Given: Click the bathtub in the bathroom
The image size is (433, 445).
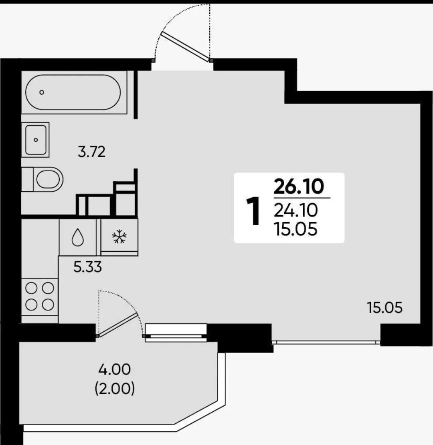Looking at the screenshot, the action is pyautogui.click(x=73, y=92).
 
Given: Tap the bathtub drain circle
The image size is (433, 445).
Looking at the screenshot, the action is pyautogui.click(x=42, y=92).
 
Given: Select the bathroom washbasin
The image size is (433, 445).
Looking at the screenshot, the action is pyautogui.click(x=35, y=140).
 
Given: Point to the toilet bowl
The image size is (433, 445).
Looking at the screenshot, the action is pyautogui.click(x=42, y=179).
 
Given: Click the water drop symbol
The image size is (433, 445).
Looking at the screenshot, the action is pyautogui.click(x=78, y=237).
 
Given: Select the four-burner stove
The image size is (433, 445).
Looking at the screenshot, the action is pyautogui.click(x=40, y=297).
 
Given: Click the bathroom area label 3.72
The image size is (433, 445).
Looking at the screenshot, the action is pyautogui.click(x=91, y=152).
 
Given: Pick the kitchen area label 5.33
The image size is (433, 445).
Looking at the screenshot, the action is pyautogui.click(x=87, y=267).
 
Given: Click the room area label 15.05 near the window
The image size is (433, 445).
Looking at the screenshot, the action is pyautogui.click(x=384, y=308).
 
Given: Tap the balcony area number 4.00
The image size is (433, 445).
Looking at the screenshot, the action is pyautogui.click(x=115, y=369).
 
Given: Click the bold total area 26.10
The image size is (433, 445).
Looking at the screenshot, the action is pyautogui.click(x=299, y=186).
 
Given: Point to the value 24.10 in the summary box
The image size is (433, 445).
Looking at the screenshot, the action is pyautogui.click(x=295, y=210).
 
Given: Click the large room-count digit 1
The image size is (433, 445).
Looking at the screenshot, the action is pyautogui.click(x=253, y=211).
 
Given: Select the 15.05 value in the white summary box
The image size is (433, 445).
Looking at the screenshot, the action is pyautogui.click(x=295, y=229).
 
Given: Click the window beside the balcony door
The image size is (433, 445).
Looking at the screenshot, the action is pyautogui.click(x=176, y=333).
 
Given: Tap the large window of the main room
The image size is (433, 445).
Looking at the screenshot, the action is pyautogui.click(x=326, y=342).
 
